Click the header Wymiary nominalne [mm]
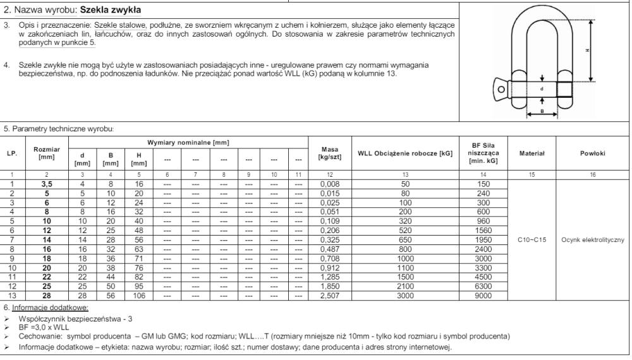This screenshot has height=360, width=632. [x=188, y=143]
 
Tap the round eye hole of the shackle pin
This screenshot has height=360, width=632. [x=501, y=90]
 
